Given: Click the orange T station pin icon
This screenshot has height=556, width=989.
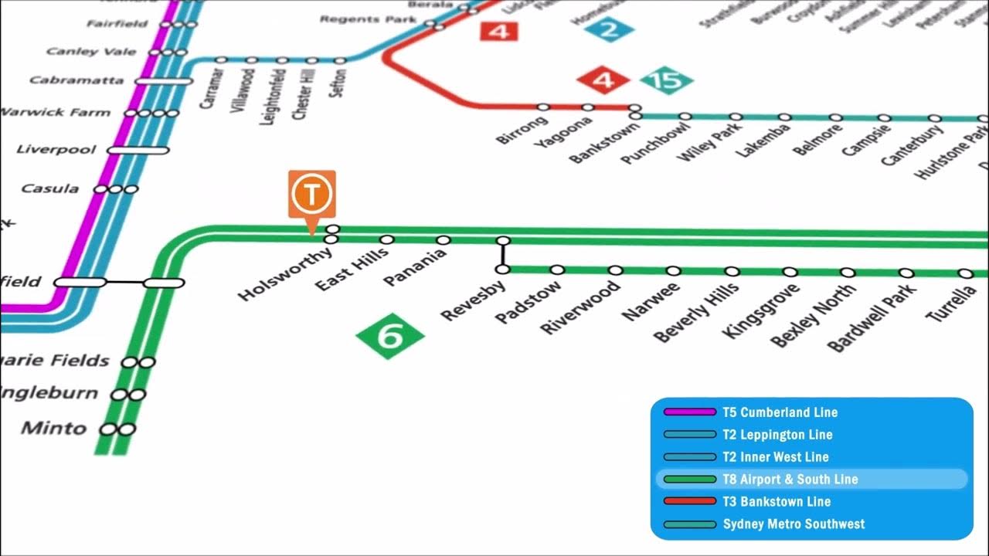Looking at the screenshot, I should coord(312,195).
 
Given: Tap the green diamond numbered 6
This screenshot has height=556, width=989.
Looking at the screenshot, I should coord(390,336).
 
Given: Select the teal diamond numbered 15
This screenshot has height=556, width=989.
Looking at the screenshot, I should coord(666,80).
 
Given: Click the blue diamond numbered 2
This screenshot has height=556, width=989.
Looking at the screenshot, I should coord(609,30).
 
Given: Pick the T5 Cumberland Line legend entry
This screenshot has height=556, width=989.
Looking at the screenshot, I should coord(780,412).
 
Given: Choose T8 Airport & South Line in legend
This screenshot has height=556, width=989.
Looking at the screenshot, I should coord(790,480).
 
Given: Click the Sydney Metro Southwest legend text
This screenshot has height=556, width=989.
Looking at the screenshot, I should coord(794,524).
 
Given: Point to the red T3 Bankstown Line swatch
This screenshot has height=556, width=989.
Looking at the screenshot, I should coord(690,502).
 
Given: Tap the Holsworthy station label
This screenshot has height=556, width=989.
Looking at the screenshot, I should coord(284,273).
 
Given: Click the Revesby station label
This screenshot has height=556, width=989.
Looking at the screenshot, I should coord(473,300).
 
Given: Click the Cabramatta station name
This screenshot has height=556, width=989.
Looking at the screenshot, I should coord(76,80).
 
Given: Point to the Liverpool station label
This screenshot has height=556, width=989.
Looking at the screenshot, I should coord(56,149).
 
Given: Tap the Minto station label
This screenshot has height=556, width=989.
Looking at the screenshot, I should coord(54,428).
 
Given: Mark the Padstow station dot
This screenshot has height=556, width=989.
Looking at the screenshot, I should coord(557,270).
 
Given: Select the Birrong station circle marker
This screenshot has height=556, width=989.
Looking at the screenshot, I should coord(543,107).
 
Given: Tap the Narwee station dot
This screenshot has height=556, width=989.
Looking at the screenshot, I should coord(674,271).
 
